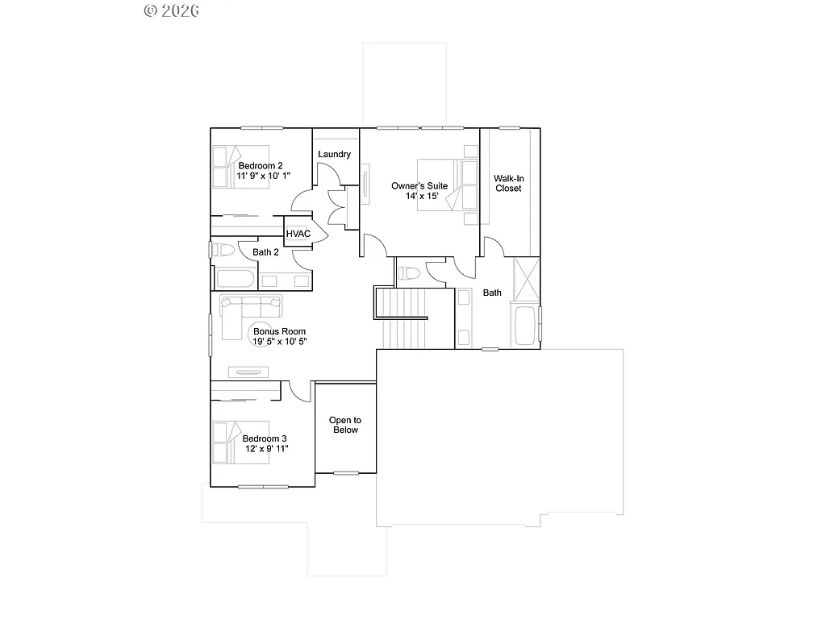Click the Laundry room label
point(334,154)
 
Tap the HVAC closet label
point(298,234)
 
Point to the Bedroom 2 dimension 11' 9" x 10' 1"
point(263,175)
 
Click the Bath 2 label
point(265,252)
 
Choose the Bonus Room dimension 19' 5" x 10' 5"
point(279,342)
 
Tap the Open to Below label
point(344,425)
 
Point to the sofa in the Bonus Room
point(252,306)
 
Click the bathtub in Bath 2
point(235,280)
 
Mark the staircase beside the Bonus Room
point(403,318)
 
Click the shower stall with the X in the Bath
point(526,278)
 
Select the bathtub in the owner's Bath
point(526,325)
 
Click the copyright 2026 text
point(171,10)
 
